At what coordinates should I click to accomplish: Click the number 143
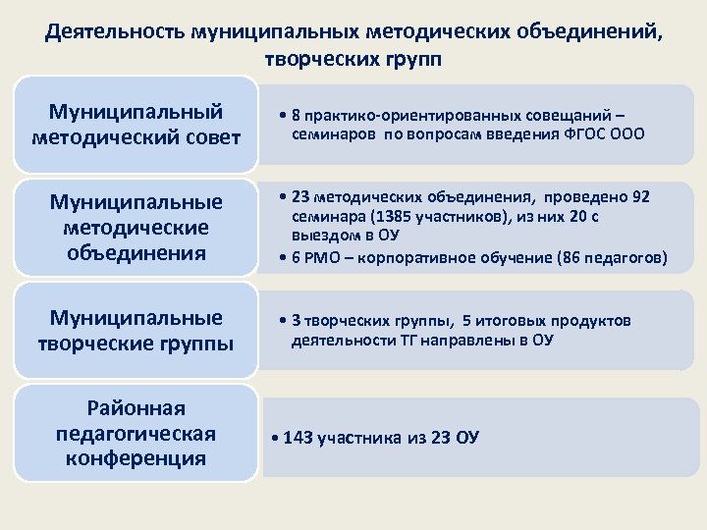(x=296, y=438)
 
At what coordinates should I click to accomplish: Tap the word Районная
(x=136, y=408)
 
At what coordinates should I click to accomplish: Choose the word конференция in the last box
(x=136, y=457)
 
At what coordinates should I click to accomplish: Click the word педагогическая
(x=136, y=433)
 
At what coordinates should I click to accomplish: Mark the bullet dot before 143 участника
(x=274, y=438)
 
